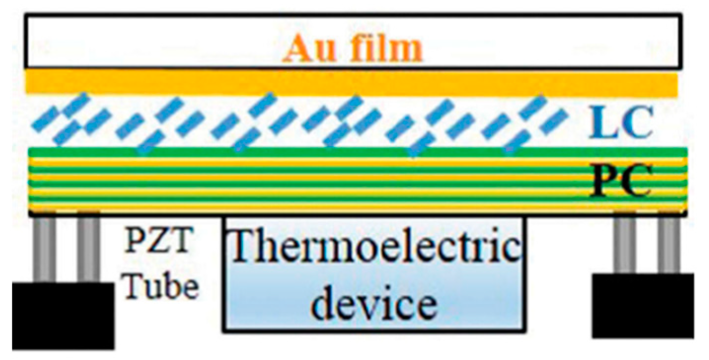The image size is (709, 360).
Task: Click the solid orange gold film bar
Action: point(352,83)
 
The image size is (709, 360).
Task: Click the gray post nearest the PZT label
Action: point(88,249)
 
